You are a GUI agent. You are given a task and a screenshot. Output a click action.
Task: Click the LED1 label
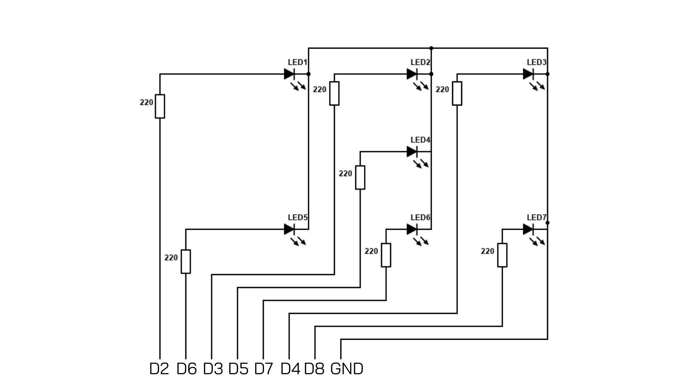tap(297, 62)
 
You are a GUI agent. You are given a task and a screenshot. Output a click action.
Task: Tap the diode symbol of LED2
tap(412, 74)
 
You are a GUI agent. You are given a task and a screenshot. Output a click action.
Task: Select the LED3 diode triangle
tap(528, 74)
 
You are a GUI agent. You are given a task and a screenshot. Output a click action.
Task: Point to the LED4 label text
tap(420, 140)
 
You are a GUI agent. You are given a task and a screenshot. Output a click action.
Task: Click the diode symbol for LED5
tap(289, 229)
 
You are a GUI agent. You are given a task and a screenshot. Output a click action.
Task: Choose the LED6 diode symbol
tap(412, 229)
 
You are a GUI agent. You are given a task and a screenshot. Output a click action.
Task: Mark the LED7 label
tap(536, 218)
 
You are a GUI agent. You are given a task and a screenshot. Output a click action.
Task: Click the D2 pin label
tap(159, 369)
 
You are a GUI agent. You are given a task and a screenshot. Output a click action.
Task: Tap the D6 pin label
tap(186, 369)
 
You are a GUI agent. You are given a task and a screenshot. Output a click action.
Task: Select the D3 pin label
tap(213, 369)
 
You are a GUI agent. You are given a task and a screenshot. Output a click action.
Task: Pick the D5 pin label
tap(238, 369)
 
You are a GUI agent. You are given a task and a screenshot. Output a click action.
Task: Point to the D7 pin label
tap(264, 369)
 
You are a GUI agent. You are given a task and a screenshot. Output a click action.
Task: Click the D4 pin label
tap(290, 369)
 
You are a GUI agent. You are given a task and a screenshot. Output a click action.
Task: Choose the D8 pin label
tap(314, 369)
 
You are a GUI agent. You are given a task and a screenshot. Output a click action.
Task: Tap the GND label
tap(347, 369)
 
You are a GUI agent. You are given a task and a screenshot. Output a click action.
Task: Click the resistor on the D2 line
tap(160, 106)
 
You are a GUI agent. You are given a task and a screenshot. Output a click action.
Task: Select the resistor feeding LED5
tap(186, 261)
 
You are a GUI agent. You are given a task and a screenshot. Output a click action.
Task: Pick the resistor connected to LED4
tap(360, 177)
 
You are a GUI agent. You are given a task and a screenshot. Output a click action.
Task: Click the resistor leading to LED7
tap(502, 255)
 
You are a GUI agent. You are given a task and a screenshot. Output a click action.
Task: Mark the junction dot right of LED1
tap(308, 74)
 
